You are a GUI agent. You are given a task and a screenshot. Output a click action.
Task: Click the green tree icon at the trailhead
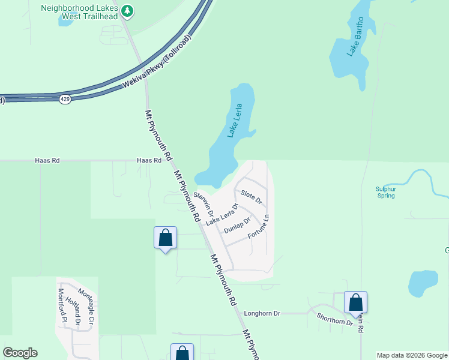[127, 10]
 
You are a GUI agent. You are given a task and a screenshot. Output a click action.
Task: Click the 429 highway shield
[65, 98]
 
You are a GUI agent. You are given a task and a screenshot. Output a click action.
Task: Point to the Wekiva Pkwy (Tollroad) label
[157, 62]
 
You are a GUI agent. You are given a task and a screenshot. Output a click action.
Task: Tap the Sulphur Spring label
[386, 192]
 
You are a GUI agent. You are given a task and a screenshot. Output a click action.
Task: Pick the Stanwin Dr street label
[203, 205]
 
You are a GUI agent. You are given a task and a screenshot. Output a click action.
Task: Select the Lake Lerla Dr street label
[221, 215]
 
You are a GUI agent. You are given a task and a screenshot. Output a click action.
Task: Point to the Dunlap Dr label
[237, 226]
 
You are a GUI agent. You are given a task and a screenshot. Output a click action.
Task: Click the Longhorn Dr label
[262, 313]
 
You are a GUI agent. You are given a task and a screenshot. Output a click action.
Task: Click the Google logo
[20, 353]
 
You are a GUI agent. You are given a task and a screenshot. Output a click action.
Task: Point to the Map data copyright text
[412, 355]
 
